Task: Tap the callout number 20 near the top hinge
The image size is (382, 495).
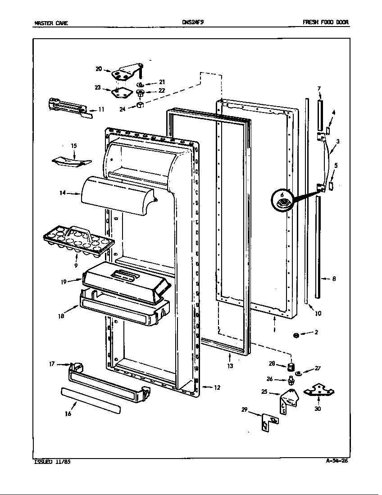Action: click(99, 69)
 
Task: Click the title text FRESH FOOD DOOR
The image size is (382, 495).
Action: click(325, 22)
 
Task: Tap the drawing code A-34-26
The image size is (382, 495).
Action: click(337, 461)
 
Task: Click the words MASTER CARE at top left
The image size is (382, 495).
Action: click(51, 23)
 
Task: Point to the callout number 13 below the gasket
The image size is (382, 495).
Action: click(230, 366)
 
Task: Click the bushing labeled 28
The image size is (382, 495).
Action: click(293, 364)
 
